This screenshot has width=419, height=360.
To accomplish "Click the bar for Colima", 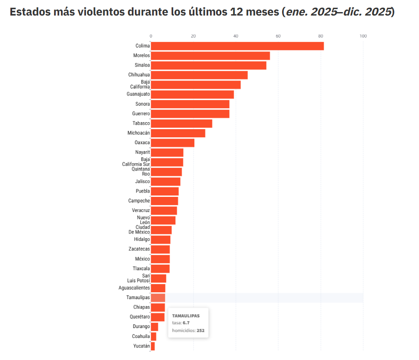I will (x=237, y=46).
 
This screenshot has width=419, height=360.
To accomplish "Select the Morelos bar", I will (x=210, y=56).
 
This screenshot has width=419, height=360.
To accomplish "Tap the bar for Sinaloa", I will (x=209, y=66).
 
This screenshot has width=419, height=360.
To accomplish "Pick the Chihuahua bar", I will (x=199, y=75).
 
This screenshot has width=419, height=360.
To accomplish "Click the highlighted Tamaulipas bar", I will (x=158, y=298).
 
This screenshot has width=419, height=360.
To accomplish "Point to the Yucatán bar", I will (x=153, y=346).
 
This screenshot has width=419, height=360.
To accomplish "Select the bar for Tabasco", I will (x=181, y=123).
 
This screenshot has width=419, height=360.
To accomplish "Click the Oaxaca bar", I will (x=172, y=143).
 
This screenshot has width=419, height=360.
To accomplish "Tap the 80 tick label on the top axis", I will (x=321, y=36).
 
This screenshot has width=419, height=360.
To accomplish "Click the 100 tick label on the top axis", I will (x=363, y=36).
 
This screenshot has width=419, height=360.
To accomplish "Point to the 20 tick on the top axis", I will (x=193, y=36).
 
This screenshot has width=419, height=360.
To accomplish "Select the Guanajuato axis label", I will (x=138, y=94).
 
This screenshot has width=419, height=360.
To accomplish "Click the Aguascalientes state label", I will (x=134, y=288).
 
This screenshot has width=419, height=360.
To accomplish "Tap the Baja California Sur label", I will (x=136, y=162).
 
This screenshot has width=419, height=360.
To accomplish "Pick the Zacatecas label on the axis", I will (x=139, y=249).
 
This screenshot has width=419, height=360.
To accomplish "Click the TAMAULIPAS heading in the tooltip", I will (x=186, y=316).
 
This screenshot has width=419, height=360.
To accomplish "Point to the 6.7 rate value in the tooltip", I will (x=186, y=323).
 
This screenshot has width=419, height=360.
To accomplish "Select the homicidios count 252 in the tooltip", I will (x=200, y=331).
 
